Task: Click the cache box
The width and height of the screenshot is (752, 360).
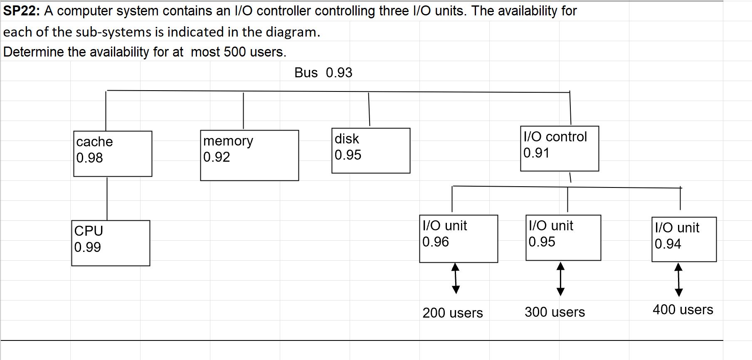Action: tap(113, 154)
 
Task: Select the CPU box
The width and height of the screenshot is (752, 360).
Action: tap(111, 243)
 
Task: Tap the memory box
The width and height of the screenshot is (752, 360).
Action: tap(249, 155)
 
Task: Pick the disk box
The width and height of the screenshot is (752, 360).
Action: tap(371, 150)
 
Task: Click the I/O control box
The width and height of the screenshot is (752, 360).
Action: tap(560, 148)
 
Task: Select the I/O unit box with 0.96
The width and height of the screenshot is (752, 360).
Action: tap(459, 239)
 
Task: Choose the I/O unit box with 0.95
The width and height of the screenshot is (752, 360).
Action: tap(563, 238)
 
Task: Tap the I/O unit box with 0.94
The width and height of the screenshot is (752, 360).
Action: tap(684, 239)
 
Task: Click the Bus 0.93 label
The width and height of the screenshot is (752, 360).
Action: tap(323, 73)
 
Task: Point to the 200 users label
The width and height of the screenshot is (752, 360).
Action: tap(453, 313)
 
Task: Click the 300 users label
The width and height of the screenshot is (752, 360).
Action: tap(555, 312)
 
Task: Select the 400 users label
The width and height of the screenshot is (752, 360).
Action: tap(683, 310)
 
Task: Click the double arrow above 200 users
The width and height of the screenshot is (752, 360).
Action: tap(456, 278)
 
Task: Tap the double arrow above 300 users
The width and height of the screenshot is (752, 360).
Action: tap(560, 279)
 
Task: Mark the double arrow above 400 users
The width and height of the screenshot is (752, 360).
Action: tap(678, 279)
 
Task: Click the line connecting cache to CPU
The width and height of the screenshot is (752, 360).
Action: tap(107, 199)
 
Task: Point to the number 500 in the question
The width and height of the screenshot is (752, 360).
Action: tap(235, 52)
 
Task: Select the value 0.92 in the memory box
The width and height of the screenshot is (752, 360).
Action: tap(217, 157)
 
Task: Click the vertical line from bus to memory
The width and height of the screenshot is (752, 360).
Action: tap(243, 111)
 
